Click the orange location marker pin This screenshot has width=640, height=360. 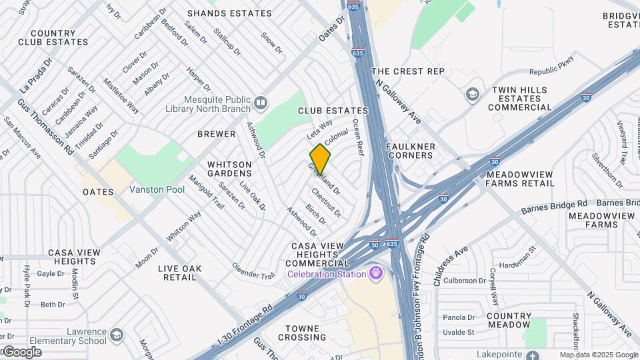pyautogui.click(x=320, y=159)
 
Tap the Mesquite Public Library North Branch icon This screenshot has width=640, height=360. pyautogui.click(x=261, y=103)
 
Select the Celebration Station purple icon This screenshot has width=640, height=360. pyautogui.click(x=377, y=273)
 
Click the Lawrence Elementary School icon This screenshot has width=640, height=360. pyautogui.click(x=117, y=334)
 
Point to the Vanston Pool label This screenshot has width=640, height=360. pyautogui.click(x=157, y=190)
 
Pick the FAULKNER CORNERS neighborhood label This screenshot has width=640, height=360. pyautogui.click(x=410, y=151)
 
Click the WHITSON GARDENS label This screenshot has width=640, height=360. pyautogui.click(x=229, y=169)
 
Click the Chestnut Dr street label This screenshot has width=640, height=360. pyautogui.click(x=326, y=203)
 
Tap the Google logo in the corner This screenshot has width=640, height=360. pyautogui.click(x=21, y=352)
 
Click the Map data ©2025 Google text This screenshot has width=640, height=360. pyautogui.click(x=598, y=355)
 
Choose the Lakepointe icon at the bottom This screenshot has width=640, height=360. pyautogui.click(x=531, y=355)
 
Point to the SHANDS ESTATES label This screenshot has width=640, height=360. pyautogui.click(x=229, y=13)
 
